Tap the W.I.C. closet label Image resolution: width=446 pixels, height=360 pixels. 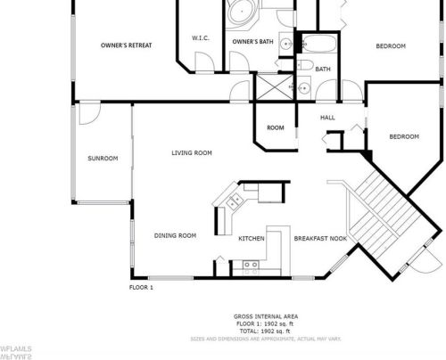201,37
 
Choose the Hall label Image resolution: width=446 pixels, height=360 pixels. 327,117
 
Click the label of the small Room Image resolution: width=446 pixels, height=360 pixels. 276,127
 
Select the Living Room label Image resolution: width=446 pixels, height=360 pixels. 192,152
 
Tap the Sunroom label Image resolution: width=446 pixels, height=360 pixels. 102,159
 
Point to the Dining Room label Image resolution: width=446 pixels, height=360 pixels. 175,235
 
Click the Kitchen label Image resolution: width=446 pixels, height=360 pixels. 252,239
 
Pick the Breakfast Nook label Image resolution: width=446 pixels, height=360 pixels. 320,239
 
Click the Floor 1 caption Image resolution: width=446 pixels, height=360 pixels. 142,287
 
